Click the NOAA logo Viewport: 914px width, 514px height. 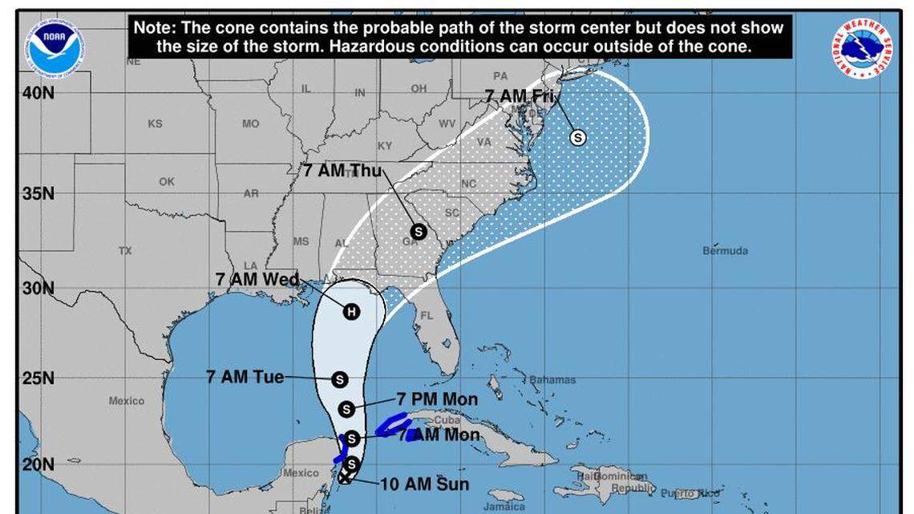pos(54,49)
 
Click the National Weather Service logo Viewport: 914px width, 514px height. pos(862,48)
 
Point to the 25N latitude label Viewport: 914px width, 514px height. pos(38,378)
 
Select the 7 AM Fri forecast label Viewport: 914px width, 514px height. pos(520,95)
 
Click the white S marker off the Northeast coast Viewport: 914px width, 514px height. pos(577,137)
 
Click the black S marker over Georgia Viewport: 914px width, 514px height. pos(418,231)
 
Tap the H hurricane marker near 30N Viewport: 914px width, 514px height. pos(351,311)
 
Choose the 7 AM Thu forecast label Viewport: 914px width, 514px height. pos(342,170)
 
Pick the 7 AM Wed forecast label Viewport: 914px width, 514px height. pos(258,280)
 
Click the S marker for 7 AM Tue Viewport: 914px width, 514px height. pos(339,379)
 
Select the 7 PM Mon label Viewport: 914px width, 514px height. pos(437,399)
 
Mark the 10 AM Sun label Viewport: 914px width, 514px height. pos(425,484)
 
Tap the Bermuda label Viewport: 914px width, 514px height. pos(725,251)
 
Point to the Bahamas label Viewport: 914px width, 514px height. pos(553,379)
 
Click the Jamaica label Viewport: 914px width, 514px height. pos(504,506)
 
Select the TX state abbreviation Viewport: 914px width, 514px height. pos(125,251)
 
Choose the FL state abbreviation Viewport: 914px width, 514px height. pos(427,315)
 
